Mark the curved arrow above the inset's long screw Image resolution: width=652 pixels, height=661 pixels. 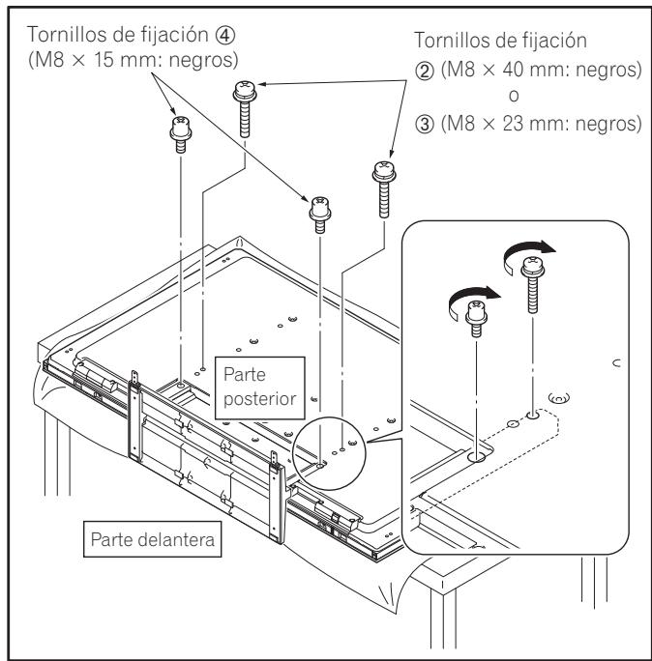click(529, 254)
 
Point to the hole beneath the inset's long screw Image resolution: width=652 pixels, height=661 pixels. click(533, 417)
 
